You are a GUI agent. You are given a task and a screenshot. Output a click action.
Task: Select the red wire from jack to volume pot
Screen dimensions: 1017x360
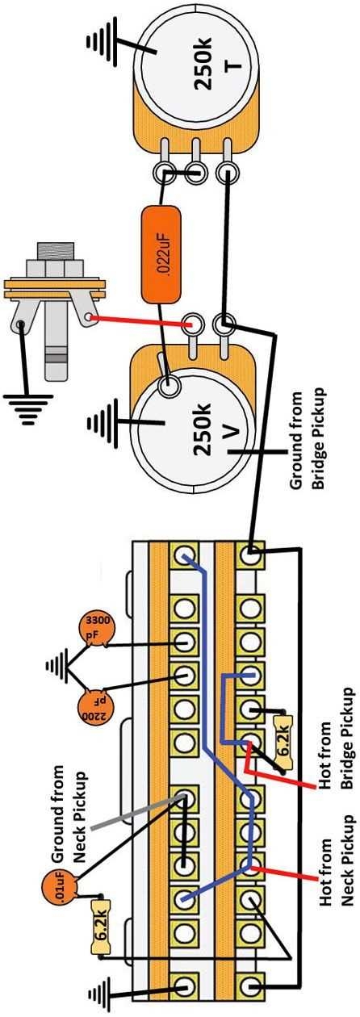pos(137,320)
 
